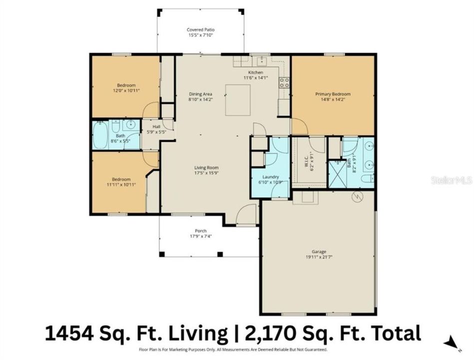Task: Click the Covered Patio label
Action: click(200, 29)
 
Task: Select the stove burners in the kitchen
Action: click(284, 82)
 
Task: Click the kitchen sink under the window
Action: click(260, 61)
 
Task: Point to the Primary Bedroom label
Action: click(332, 94)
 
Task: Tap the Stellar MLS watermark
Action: click(451, 180)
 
